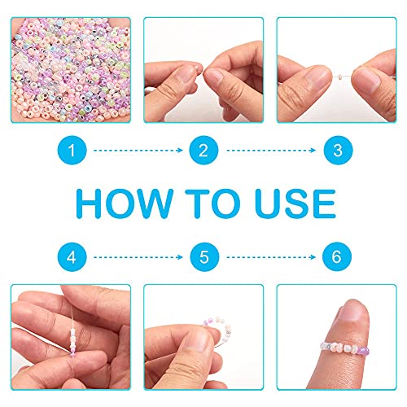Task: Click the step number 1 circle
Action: [x=72, y=150]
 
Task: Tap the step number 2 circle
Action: [x=203, y=150]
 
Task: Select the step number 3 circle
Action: [x=338, y=150]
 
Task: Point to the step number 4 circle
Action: [x=72, y=256]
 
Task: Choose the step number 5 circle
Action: [x=204, y=256]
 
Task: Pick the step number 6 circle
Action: [x=337, y=256]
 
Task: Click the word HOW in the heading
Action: [x=125, y=203]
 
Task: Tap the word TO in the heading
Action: [x=212, y=203]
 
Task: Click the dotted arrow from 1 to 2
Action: [x=138, y=150]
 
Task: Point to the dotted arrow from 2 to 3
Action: [x=271, y=150]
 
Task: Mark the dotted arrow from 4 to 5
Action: [x=138, y=257]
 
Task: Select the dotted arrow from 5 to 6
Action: [x=271, y=257]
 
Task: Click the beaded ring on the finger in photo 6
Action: [x=344, y=348]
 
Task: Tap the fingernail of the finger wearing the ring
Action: [x=352, y=312]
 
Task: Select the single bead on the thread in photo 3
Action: [x=339, y=77]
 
